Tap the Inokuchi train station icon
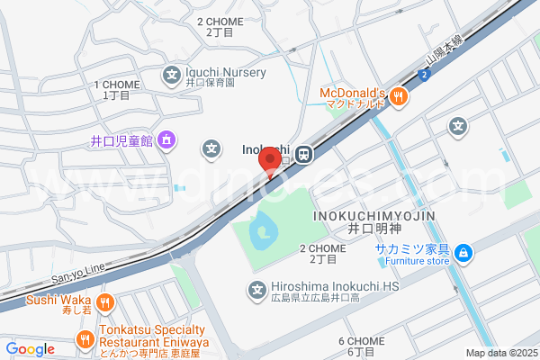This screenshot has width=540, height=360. (x=305, y=155)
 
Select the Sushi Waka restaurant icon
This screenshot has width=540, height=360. (x=105, y=301)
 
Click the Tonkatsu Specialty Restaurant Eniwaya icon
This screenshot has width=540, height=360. (x=85, y=340)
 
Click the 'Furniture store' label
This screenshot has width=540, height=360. (x=412, y=262)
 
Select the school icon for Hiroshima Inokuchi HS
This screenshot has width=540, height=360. (x=255, y=289)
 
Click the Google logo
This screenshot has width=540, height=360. (x=30, y=349)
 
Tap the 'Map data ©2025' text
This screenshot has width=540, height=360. (x=499, y=353)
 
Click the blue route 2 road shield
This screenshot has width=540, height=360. (x=422, y=75)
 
